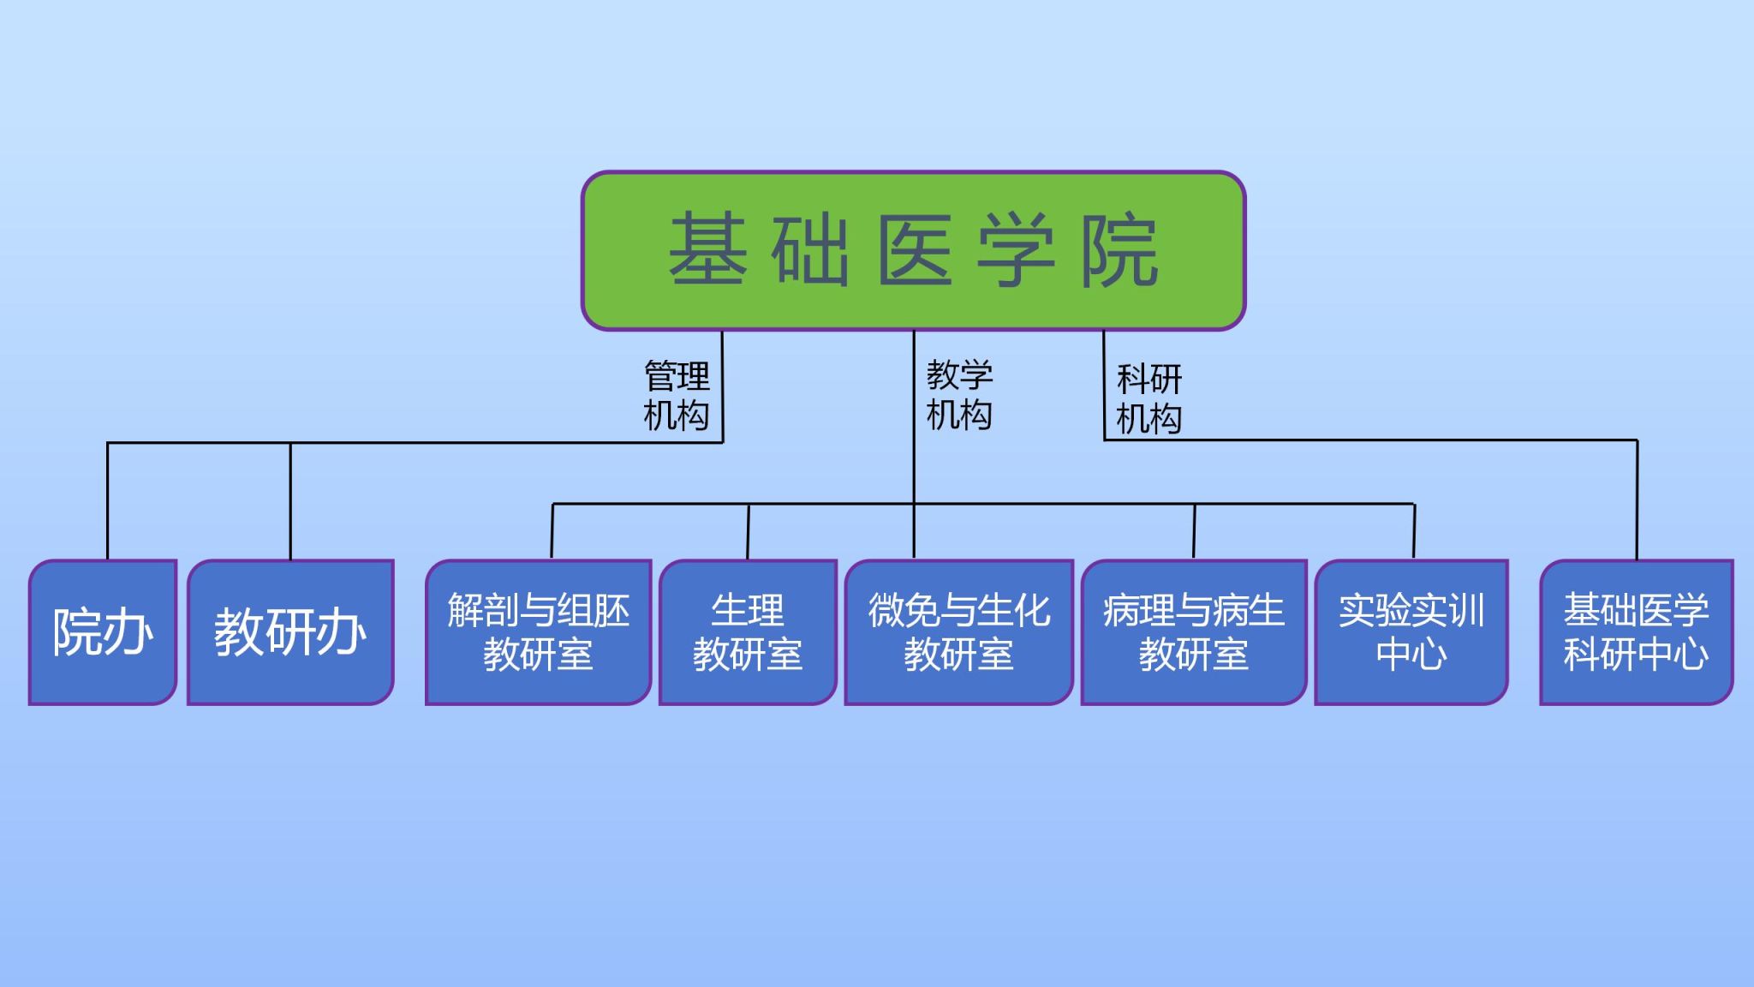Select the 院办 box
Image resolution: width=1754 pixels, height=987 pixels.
tap(103, 632)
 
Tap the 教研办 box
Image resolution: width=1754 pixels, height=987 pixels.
tap(290, 632)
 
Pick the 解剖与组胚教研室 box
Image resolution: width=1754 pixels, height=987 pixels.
tap(538, 632)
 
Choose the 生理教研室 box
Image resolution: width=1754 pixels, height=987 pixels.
tap(748, 632)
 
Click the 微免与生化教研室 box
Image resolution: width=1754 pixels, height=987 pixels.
tap(958, 632)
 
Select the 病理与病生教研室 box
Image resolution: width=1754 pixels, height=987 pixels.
tap(1193, 632)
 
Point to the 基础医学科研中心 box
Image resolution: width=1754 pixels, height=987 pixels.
tap(1636, 632)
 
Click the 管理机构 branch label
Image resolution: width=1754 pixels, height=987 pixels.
tap(677, 396)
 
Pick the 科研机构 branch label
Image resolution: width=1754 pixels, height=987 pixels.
tap(1149, 398)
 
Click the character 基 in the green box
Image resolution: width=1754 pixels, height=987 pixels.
tap(707, 249)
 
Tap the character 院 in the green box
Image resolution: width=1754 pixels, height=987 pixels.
tap(1119, 249)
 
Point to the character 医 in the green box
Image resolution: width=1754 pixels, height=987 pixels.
tap(915, 249)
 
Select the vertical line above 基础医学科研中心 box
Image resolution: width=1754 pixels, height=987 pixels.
tap(1637, 501)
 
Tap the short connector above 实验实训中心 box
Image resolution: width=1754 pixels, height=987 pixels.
tap(1414, 531)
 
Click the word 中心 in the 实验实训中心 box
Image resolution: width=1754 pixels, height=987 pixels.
tap(1411, 655)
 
